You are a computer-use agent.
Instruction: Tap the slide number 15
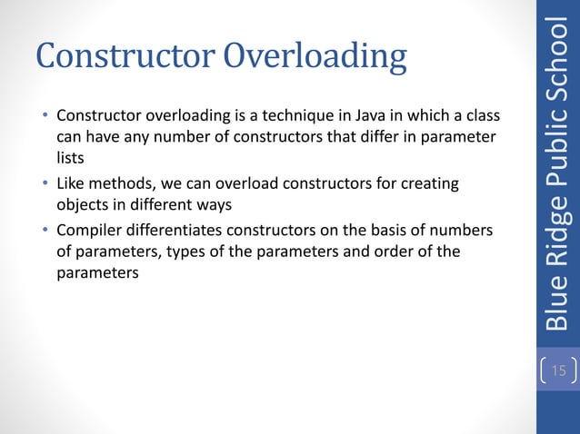tap(557, 370)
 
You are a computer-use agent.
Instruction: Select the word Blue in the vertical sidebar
tap(557, 306)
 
